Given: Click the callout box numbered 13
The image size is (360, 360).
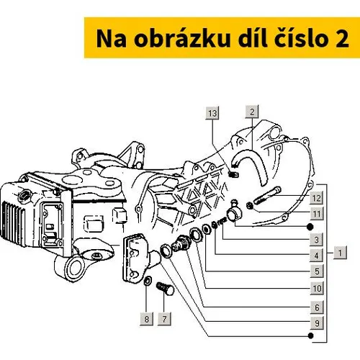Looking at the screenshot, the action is pyautogui.click(x=212, y=113).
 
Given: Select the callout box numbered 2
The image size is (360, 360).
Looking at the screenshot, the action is pyautogui.click(x=252, y=112).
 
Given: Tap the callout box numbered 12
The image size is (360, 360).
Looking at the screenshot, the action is pyautogui.click(x=317, y=198).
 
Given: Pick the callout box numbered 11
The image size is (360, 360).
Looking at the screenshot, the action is pyautogui.click(x=317, y=214).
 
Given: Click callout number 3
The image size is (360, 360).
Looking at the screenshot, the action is pyautogui.click(x=317, y=240).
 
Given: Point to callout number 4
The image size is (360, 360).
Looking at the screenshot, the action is pyautogui.click(x=317, y=256).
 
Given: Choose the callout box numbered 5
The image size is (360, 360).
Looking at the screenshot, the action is pyautogui.click(x=317, y=271).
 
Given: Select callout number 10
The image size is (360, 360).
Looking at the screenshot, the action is pyautogui.click(x=317, y=288).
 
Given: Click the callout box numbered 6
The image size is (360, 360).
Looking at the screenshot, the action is pyautogui.click(x=317, y=307).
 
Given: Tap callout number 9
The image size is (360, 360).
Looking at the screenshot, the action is pyautogui.click(x=317, y=323).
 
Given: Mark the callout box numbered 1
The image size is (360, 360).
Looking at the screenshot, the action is pyautogui.click(x=340, y=253).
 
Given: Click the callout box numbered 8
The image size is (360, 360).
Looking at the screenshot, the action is pyautogui.click(x=146, y=319).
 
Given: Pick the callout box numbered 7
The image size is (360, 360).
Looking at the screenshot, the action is pyautogui.click(x=164, y=319).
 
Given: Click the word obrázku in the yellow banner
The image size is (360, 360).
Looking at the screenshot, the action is pyautogui.click(x=182, y=38).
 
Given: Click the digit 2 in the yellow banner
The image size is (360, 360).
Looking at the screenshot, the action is pyautogui.click(x=342, y=39).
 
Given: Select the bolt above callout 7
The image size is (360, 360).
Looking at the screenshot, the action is pyautogui.click(x=165, y=288).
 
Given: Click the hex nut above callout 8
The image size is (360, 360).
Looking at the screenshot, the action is pyautogui.click(x=148, y=281).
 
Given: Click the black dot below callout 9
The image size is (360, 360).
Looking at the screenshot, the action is pyautogui.click(x=310, y=336).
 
